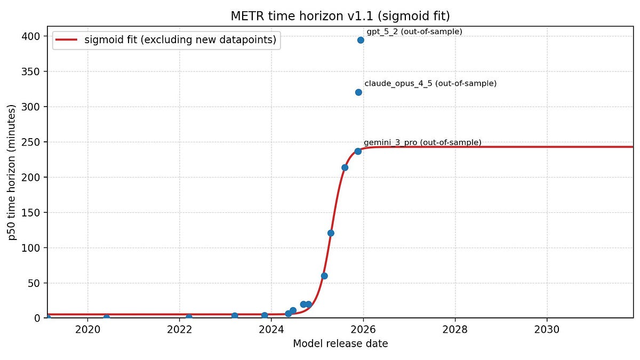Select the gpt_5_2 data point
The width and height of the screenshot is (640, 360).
361,40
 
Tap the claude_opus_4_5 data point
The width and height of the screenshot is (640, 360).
358,92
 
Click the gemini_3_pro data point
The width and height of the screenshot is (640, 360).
358,151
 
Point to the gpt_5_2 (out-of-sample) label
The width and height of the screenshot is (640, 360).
414,31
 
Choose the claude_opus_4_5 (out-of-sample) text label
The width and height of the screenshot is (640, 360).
430,84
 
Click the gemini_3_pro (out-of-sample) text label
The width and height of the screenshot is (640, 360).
422,142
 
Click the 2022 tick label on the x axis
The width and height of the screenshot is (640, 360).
179,329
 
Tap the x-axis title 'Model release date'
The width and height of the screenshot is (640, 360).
340,344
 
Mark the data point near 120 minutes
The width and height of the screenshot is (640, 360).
331,233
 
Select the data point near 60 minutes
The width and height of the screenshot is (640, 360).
324,276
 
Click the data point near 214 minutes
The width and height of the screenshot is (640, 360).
345,167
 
